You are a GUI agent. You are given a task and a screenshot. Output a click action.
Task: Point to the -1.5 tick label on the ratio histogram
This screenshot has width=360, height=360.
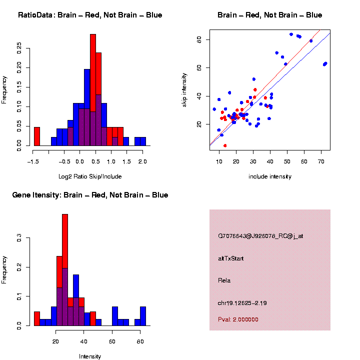click(x=33, y=161)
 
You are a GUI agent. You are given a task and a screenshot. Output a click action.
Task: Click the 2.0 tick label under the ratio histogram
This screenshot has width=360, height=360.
click(x=142, y=161)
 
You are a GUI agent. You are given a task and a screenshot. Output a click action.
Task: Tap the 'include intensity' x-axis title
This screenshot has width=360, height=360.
click(x=270, y=176)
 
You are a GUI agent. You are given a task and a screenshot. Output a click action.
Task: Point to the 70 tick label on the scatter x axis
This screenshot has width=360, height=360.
click(x=321, y=162)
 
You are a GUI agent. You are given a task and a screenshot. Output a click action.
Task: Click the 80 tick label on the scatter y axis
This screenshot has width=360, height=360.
click(x=199, y=39)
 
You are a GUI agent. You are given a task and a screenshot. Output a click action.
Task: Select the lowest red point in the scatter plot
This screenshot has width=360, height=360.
click(x=225, y=145)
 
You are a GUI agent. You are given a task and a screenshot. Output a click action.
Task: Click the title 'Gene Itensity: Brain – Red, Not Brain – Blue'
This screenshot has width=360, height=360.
click(x=90, y=195)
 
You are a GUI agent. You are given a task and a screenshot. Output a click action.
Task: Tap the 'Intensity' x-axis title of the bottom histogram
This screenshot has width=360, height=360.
click(x=90, y=356)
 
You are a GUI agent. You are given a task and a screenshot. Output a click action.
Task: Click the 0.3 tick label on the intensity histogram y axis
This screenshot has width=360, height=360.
click(x=19, y=239)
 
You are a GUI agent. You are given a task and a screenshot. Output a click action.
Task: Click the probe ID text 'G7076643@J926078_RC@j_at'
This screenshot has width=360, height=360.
click(x=260, y=236)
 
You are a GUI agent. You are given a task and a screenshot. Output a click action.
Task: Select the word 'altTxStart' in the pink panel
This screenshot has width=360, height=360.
click(x=231, y=258)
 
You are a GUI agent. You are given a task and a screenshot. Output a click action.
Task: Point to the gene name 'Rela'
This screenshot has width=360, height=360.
click(x=224, y=280)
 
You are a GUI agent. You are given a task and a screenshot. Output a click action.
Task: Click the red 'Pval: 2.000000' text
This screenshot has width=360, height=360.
click(x=238, y=319)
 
